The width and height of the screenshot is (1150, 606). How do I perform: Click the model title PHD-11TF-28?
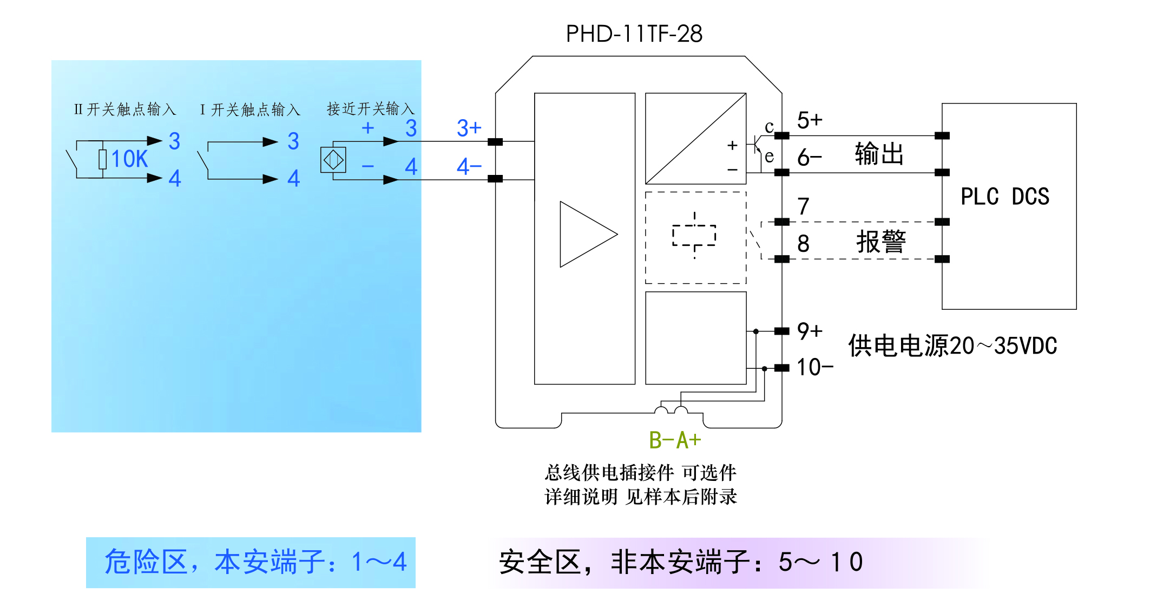(634, 34)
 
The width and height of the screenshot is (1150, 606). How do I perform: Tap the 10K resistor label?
(129, 159)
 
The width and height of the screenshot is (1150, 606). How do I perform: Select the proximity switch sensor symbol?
(333, 160)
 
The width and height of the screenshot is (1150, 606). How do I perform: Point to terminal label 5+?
(809, 120)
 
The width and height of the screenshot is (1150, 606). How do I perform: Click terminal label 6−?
(809, 158)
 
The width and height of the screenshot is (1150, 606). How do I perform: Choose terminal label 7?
(803, 206)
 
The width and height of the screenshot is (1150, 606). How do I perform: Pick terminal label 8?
(803, 244)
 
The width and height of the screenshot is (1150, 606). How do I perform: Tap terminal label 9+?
(810, 331)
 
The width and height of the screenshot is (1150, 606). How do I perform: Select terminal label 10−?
(814, 367)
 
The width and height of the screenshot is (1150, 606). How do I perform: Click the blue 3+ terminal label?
(469, 128)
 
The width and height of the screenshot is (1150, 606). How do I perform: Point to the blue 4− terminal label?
(469, 166)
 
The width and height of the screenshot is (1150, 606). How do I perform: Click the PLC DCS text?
(1004, 197)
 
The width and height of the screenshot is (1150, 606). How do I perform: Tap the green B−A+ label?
(675, 440)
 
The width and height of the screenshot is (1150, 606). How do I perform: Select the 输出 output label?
(879, 154)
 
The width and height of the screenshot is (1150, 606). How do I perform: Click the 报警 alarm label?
(880, 242)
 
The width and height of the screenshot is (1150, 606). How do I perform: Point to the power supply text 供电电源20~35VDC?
(952, 346)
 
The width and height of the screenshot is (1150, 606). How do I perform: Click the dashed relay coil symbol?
(694, 236)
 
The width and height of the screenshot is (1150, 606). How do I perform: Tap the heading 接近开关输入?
(370, 109)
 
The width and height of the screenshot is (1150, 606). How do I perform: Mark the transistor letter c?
(769, 127)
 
